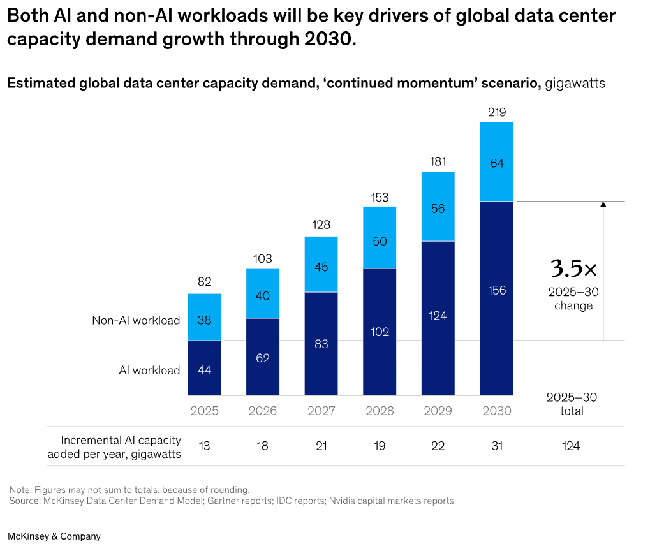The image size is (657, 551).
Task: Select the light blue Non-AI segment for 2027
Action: [x=321, y=264]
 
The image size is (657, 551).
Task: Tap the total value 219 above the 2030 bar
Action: [x=497, y=112]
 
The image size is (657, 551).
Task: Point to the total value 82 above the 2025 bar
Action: [x=204, y=281]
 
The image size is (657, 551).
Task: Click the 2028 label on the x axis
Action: [x=380, y=411]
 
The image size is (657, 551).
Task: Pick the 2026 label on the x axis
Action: [x=262, y=411]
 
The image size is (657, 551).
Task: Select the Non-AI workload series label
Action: [x=136, y=320]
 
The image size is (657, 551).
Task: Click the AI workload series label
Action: [x=149, y=370]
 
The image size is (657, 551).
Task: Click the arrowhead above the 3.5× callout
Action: [x=603, y=204]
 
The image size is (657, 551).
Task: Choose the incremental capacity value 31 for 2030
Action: [x=496, y=446]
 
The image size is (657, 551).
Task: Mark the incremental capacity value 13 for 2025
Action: [x=204, y=446]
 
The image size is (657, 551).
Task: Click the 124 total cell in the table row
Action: [x=571, y=446]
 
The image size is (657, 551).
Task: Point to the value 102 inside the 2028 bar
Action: [x=380, y=332]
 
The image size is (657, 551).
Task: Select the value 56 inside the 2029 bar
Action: [x=438, y=209]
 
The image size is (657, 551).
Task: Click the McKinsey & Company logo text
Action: [x=54, y=536]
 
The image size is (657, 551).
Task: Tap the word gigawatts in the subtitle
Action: [x=575, y=83]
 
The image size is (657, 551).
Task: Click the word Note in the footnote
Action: [x=20, y=489]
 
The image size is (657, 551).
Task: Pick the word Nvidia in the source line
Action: [x=343, y=501]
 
